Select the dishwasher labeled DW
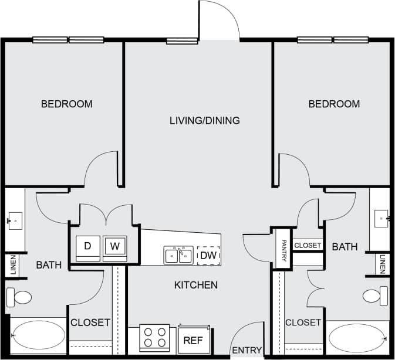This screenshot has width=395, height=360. (x=208, y=256)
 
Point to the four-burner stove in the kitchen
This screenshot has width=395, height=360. (x=154, y=338)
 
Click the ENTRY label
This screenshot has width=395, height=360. (x=247, y=351)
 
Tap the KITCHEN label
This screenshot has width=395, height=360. (x=196, y=286)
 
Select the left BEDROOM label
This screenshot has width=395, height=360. (x=66, y=104)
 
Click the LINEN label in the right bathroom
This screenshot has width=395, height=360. (x=383, y=263)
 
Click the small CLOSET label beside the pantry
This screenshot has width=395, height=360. (x=308, y=245)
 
